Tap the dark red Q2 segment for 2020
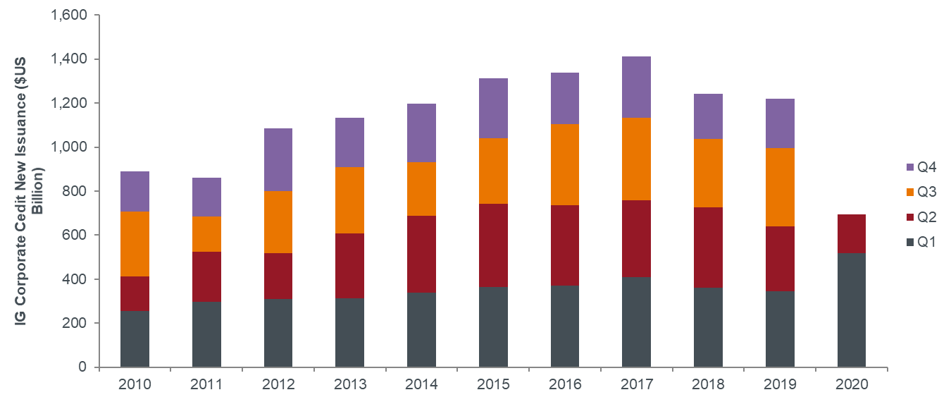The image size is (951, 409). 851,233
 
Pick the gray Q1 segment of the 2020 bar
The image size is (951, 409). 851,310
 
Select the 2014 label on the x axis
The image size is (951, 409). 421,385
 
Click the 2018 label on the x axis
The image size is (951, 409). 708,385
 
